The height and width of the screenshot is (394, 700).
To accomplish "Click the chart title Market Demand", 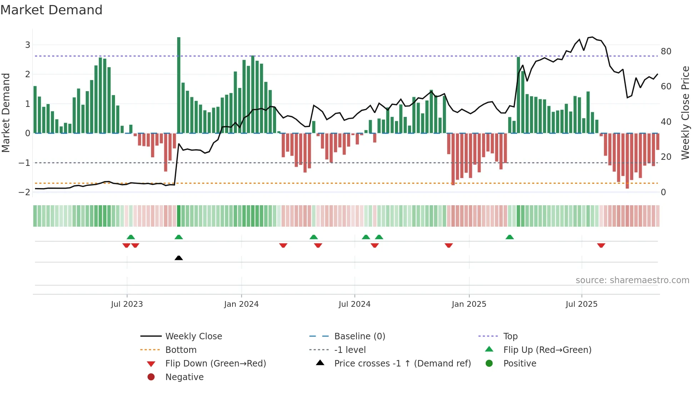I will pos(51,10).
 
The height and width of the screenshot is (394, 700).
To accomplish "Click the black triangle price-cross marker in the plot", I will pos(179,258).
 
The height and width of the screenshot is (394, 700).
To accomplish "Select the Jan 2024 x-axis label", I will pos(241,304).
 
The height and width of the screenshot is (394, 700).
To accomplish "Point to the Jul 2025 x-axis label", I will pos(581,304).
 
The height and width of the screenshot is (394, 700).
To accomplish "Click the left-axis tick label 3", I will pos(27,45).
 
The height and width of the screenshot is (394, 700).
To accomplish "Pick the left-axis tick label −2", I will pos(24,192).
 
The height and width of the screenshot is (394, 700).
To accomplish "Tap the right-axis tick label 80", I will pos(666,51).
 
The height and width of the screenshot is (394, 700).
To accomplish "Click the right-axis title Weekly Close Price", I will pos(685,113).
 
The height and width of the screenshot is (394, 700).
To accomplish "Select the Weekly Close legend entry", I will pos(193,336).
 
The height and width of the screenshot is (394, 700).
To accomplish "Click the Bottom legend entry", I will pos(181,350).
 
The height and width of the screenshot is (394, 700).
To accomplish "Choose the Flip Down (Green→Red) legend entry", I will pos(215,364).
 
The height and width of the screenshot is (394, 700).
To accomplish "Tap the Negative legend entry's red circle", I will pos(151,377).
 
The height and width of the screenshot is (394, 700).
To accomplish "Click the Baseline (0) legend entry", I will pos(359,336).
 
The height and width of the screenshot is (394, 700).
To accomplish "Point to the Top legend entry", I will pos(510,336).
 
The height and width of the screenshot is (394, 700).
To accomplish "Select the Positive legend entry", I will pos(519,364).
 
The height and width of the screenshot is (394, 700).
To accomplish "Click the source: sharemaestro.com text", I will pos(632,280).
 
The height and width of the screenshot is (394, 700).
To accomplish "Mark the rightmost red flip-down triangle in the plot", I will pos(601,245).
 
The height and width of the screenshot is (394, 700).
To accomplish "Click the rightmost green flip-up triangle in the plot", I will pos(510,237).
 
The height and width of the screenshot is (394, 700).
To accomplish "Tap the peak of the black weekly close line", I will pos(592,37).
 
